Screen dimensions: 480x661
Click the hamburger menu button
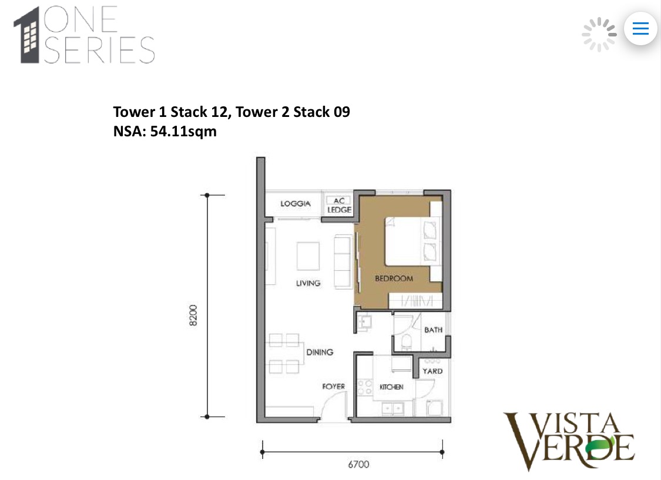pos(640,28)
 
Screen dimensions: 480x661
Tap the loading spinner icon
pos(599,34)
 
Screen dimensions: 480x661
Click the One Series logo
pos(84,35)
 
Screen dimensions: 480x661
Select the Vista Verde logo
pos(569,441)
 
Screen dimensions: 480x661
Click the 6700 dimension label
pos(358,465)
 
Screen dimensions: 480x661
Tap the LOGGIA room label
pos(295,204)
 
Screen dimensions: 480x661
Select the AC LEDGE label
pos(339,205)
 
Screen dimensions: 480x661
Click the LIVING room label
pos(308,283)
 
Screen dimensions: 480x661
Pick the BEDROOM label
pos(394,278)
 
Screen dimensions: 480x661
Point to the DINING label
pos(320,352)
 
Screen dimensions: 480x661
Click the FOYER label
pos(333,387)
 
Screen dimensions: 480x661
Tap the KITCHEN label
pos(391,387)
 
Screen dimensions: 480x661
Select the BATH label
pos(433,330)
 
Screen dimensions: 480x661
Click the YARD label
pos(433,371)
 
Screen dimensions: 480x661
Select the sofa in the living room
pos(342,261)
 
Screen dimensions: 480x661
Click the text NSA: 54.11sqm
pos(165,131)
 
